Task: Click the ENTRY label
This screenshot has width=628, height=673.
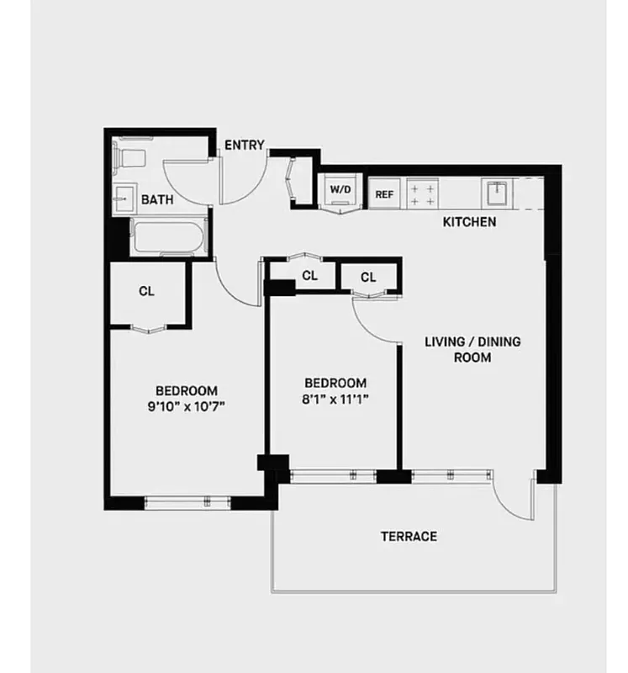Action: [245, 146]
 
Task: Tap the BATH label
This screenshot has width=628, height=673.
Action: [157, 200]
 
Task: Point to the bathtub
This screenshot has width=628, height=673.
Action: [169, 236]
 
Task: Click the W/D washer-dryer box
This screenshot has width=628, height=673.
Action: [340, 191]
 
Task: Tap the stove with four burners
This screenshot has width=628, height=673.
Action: [422, 193]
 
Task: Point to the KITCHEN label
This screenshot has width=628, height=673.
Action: [469, 223]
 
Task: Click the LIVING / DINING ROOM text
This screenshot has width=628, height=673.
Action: [472, 349]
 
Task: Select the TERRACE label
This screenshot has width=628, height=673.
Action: [409, 536]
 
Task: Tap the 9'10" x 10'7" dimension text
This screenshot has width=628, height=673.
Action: [187, 405]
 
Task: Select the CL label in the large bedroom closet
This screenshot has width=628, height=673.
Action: [146, 292]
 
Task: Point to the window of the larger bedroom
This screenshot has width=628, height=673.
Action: [187, 502]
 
